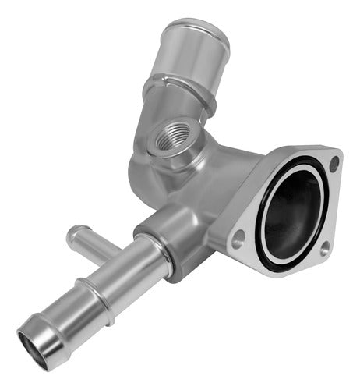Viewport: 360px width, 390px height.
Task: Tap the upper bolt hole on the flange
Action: [334, 164]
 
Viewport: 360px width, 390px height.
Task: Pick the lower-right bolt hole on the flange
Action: [323, 249]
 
